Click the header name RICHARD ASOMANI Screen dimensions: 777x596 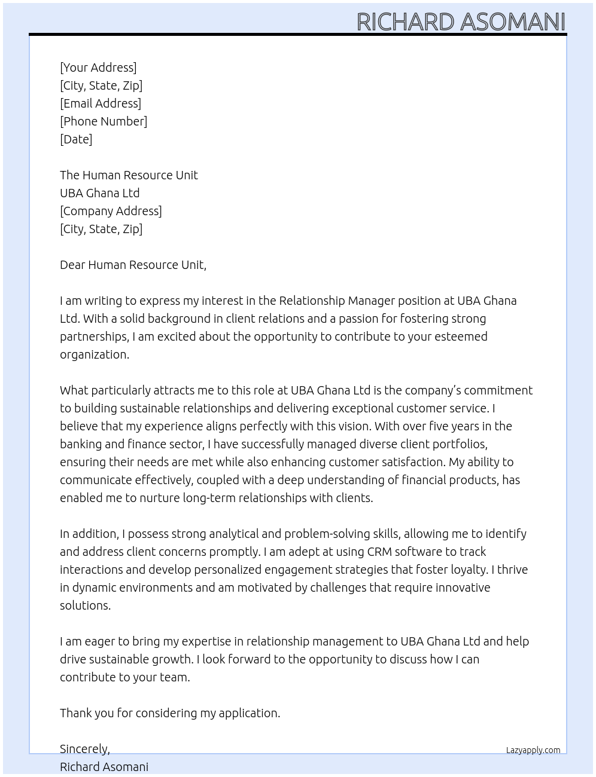coord(461,22)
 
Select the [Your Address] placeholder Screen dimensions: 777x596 coord(98,68)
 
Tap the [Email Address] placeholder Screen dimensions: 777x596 coord(101,103)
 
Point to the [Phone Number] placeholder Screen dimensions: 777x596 coord(104,121)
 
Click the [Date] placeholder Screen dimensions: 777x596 coord(76,139)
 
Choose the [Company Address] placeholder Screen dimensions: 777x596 coord(111,211)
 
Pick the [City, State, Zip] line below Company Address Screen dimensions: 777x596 coord(101,229)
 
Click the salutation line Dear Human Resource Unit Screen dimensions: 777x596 coord(133,265)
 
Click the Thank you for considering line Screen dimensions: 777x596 coord(170,713)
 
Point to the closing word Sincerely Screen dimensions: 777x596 coord(84,749)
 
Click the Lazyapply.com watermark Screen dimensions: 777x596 coord(533,750)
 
